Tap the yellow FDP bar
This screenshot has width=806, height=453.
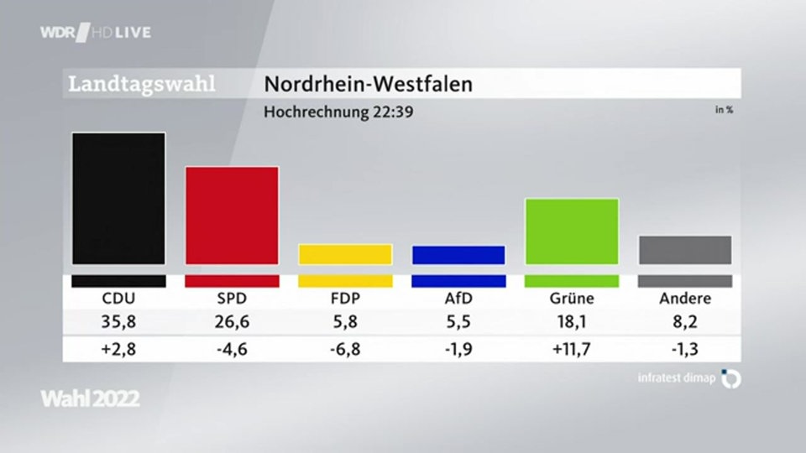click(345, 254)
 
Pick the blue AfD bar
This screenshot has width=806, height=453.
click(458, 255)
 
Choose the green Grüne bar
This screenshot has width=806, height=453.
click(572, 231)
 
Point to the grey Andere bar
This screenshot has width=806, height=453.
click(685, 250)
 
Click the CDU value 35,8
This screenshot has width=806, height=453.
click(118, 320)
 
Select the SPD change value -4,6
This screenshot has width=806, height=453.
click(232, 348)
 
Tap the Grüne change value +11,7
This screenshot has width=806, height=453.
click(572, 348)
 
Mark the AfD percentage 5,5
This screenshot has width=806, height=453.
click(458, 320)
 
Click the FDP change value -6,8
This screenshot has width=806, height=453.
click(345, 348)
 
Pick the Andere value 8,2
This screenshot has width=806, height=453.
click(685, 320)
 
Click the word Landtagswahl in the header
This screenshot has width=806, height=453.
click(142, 84)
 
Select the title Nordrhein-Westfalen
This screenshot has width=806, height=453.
click(369, 84)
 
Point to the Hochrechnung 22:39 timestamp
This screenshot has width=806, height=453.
click(338, 111)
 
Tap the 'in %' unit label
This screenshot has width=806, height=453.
click(724, 109)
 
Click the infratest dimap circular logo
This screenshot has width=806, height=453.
click(731, 378)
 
